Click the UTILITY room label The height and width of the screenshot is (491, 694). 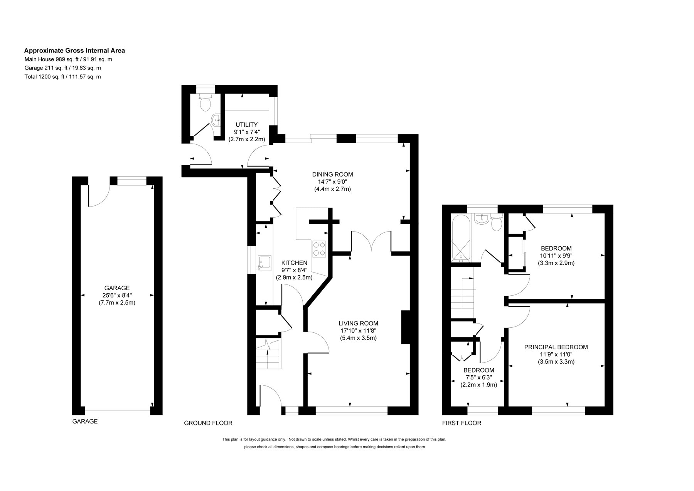[x=247, y=125]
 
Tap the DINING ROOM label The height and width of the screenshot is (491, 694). [x=332, y=174]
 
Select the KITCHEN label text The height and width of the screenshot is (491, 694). [x=294, y=263]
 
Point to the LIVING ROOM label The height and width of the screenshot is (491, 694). [x=358, y=323]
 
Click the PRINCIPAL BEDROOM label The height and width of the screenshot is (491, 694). [x=556, y=347]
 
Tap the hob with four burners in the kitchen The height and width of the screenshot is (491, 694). [x=319, y=248]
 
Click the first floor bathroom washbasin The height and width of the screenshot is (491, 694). [x=481, y=219]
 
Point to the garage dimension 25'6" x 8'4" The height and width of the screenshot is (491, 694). [x=117, y=295]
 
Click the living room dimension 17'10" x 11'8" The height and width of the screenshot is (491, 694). [x=358, y=331]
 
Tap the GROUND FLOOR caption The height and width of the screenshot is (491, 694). [x=208, y=423]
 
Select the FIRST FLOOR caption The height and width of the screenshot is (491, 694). [x=462, y=423]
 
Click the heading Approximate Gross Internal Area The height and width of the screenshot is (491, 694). [x=74, y=51]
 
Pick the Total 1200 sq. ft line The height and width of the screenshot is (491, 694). [x=62, y=77]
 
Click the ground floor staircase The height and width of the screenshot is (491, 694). [x=268, y=354]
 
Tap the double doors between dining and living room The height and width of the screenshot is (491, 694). [x=371, y=241]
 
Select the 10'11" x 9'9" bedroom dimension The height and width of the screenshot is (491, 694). [x=556, y=256]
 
